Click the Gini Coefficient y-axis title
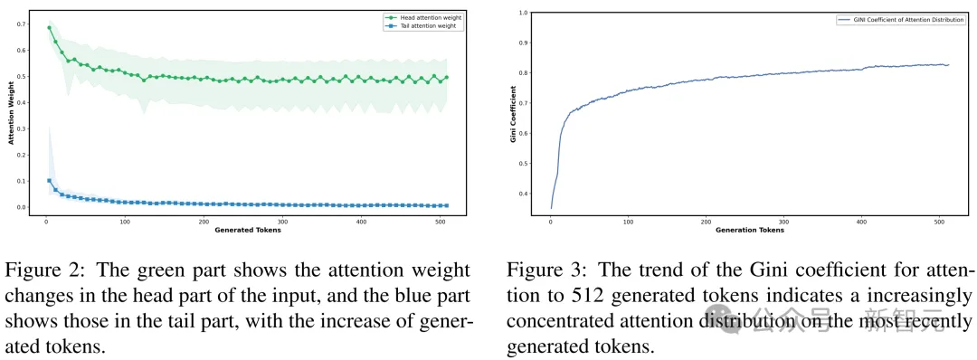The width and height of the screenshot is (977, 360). (513, 114)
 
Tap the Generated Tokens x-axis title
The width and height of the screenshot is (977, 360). (246, 230)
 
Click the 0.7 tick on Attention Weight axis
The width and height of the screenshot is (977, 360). (23, 24)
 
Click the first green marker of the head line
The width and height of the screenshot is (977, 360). (48, 27)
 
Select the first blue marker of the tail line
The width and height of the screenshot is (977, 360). (48, 181)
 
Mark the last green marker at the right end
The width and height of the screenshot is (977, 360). (446, 78)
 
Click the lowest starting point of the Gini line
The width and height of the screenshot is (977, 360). (551, 208)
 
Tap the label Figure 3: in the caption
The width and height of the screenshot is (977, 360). (536, 270)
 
